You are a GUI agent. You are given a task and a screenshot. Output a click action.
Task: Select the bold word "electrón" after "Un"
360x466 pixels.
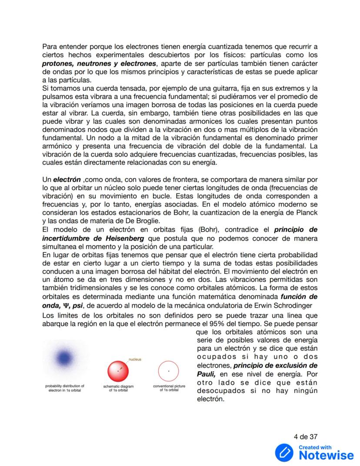pos(67,179)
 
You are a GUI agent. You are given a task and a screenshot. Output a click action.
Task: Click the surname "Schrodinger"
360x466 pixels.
pos(291,305)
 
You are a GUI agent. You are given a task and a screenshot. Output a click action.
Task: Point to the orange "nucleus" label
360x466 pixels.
pos(135,359)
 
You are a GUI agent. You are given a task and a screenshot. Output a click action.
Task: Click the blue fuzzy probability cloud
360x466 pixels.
pos(65,358)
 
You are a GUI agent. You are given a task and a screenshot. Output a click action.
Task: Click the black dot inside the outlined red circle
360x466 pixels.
pos(169,371)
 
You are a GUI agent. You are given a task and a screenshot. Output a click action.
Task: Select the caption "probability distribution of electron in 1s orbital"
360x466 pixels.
pos(65,388)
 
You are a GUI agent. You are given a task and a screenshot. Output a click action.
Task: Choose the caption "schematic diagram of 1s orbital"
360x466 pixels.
pos(118,388)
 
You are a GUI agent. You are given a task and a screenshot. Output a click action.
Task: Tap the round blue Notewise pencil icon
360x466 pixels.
pos(284,453)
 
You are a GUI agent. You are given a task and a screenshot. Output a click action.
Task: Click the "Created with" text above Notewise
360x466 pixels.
pos(315,447)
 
